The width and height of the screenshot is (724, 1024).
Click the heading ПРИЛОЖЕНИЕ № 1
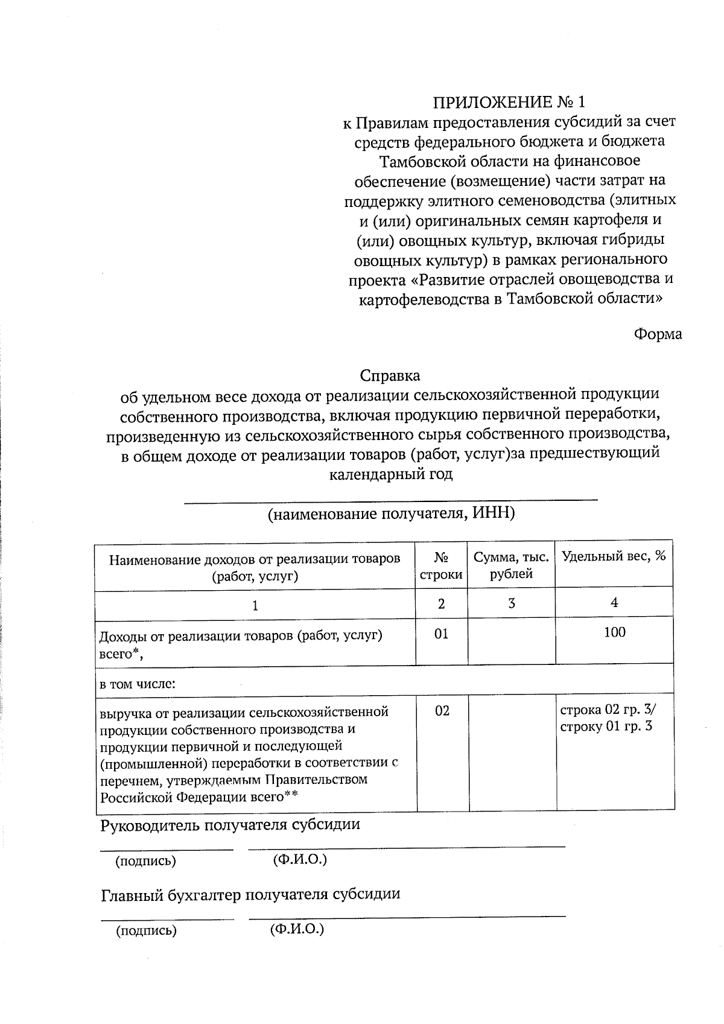510,101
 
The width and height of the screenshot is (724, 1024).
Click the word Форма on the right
658,334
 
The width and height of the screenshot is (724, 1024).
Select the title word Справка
390,375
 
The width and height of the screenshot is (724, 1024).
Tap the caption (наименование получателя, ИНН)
391,514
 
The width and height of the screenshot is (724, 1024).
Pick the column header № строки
441,565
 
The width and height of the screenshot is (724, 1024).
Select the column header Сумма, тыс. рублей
511,565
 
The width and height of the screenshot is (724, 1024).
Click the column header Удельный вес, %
614,556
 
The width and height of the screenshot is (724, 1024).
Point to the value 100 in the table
614,632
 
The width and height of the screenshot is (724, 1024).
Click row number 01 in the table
442,634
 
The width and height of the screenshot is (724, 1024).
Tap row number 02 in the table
442,711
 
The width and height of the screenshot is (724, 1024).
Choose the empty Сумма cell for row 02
512,752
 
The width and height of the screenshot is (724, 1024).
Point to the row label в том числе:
138,685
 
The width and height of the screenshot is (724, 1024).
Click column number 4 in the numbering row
614,602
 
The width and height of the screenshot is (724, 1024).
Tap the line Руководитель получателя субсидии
230,824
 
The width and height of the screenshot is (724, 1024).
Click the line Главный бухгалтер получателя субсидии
250,894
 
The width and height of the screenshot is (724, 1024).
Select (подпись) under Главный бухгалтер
147,931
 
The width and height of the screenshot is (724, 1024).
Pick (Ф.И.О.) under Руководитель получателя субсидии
300,859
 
